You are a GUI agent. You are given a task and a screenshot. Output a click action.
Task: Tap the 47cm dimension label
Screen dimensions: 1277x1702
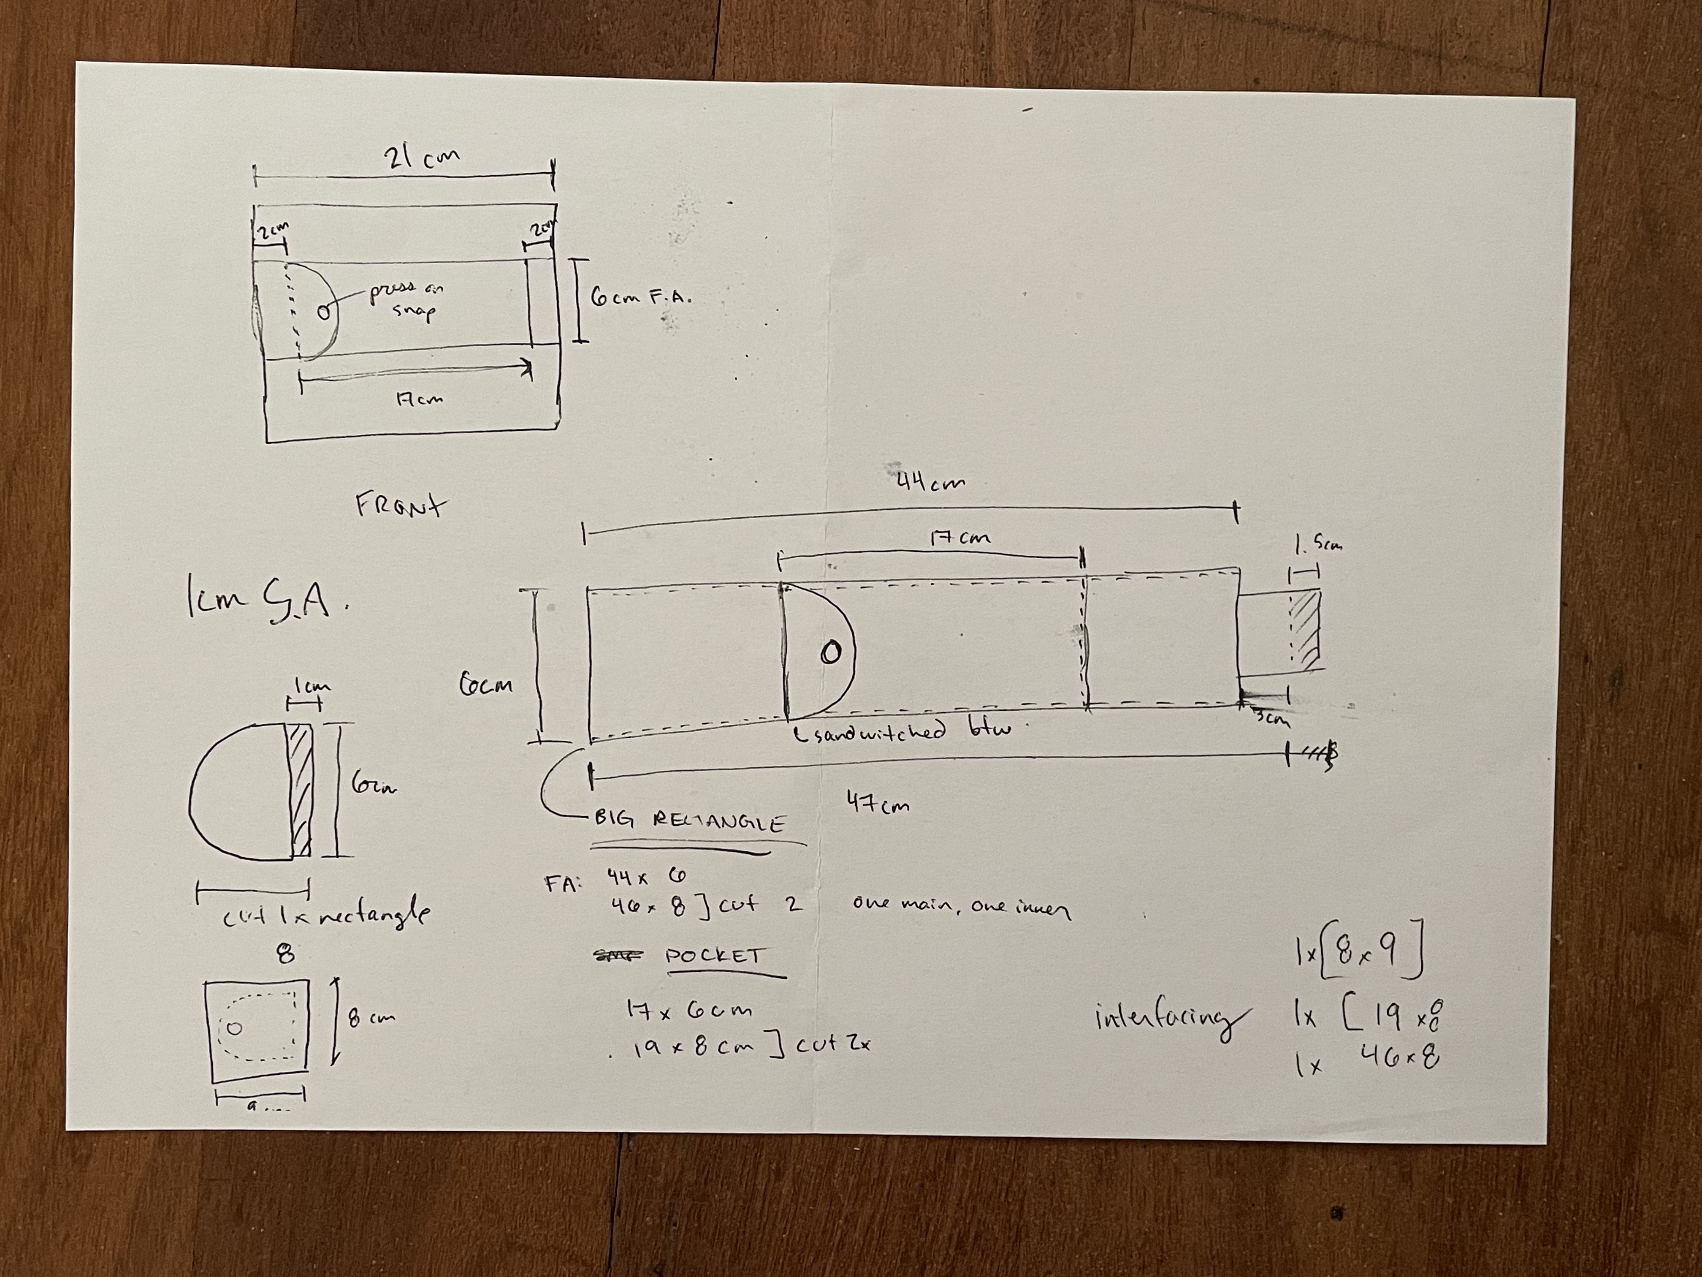pos(877,803)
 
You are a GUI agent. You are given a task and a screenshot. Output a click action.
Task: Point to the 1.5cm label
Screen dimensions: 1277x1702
pos(1318,545)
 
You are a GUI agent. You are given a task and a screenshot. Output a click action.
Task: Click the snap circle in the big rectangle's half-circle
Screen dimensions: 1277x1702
pos(829,653)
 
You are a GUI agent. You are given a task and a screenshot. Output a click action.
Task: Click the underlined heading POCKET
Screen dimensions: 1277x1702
pos(713,957)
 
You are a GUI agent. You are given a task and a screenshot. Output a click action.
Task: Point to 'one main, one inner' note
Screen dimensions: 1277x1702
pos(961,907)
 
